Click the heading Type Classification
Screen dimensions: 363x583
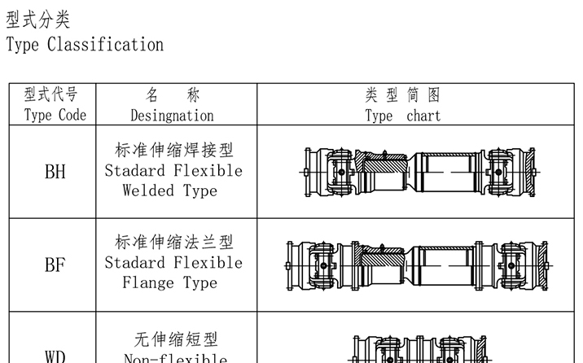[x=85, y=44]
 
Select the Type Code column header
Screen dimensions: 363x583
[x=55, y=105]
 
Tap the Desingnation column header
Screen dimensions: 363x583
[x=172, y=105]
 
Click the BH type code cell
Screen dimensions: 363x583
[x=55, y=173]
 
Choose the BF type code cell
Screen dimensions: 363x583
[x=55, y=265]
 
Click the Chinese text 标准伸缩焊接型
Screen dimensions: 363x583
[x=173, y=151]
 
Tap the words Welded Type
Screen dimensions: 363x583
[x=170, y=191]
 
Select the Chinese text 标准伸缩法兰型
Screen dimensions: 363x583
[x=173, y=243]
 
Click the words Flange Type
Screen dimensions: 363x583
[x=170, y=283]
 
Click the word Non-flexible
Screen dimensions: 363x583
[x=175, y=358]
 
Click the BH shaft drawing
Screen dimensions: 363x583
[x=419, y=173]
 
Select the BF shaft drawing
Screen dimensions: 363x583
[x=419, y=265]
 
